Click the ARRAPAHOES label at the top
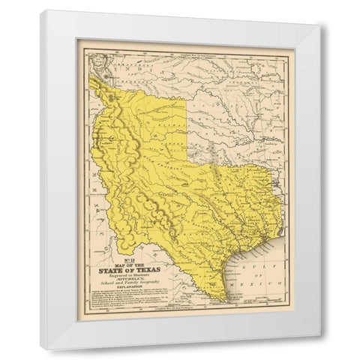(112, 57)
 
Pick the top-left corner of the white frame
(41, 10)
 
